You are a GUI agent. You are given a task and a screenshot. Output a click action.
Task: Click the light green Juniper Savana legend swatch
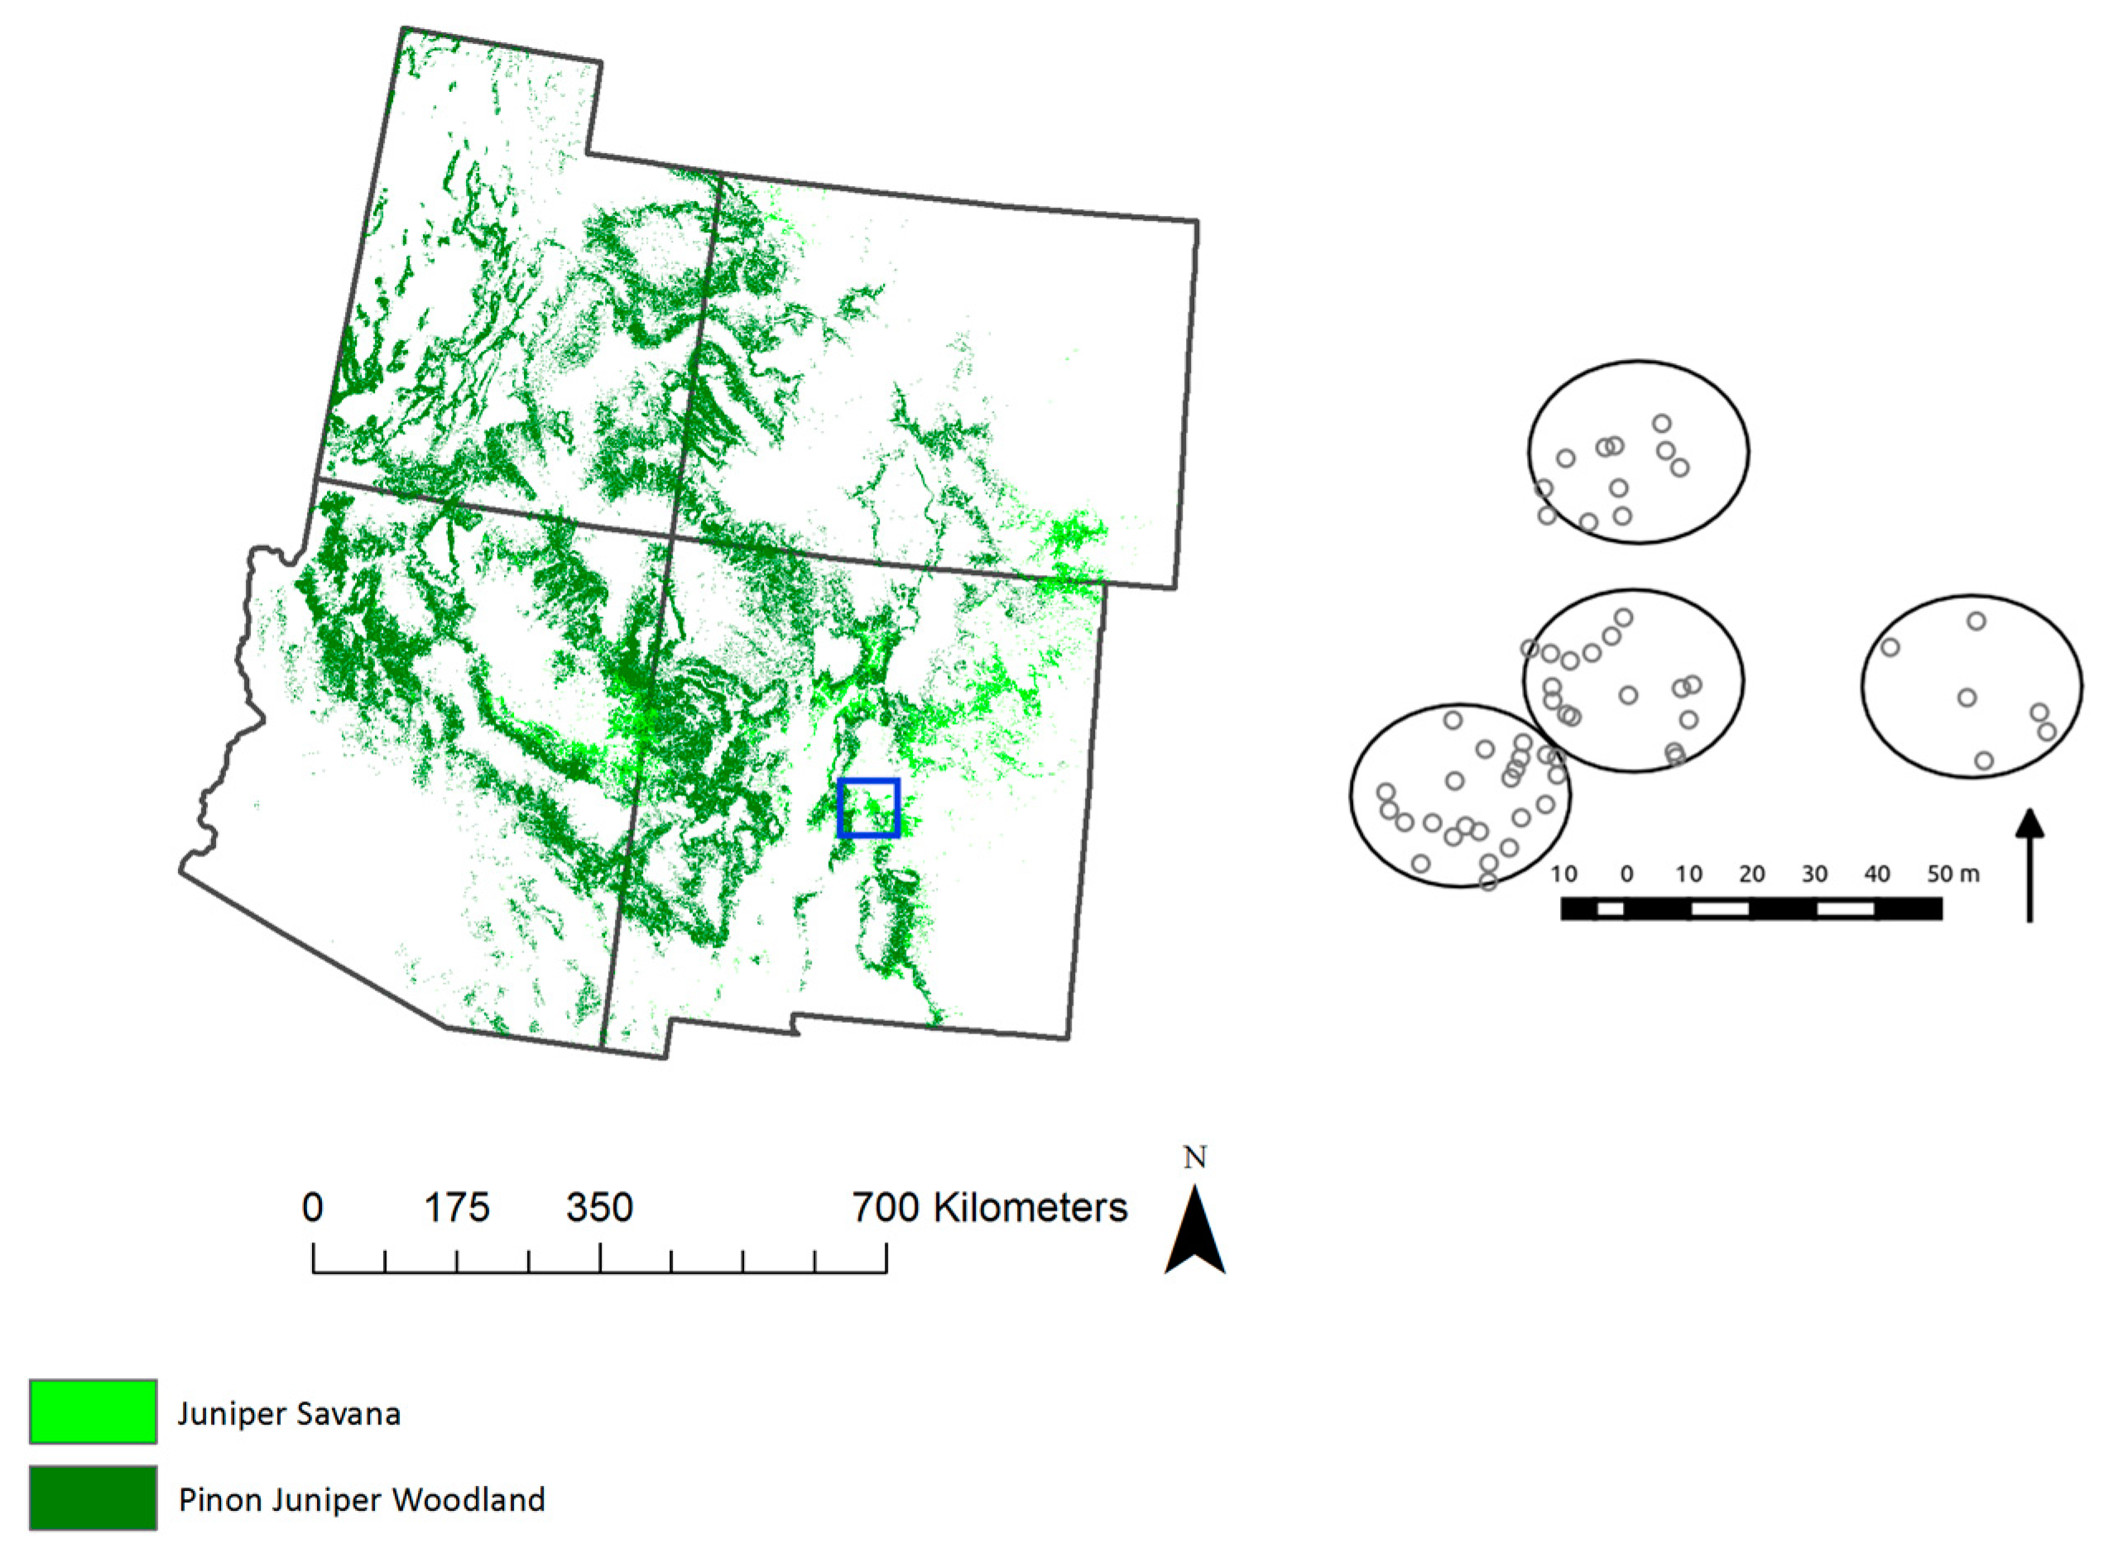pos(93,1411)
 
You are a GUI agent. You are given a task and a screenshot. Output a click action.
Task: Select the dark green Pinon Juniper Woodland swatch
pos(93,1498)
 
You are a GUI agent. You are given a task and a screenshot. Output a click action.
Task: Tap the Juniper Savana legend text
pos(289,1413)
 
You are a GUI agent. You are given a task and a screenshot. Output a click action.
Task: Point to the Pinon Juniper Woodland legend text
pos(362,1499)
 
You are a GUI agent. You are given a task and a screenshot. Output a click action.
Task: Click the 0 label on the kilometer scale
pos(312,1208)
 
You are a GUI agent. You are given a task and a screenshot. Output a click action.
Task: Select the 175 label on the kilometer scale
pos(456,1208)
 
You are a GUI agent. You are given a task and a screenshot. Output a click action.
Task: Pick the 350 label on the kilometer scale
pos(599,1208)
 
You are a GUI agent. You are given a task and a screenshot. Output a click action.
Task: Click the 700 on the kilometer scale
pos(886,1208)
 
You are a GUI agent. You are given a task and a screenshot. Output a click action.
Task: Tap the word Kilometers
pos(1030,1208)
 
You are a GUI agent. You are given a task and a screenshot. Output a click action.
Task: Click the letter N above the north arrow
pos(1195,1157)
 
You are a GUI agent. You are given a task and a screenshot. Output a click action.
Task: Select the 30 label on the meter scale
pos(1813,873)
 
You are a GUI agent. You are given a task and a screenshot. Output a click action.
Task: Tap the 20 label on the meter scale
pos(1751,873)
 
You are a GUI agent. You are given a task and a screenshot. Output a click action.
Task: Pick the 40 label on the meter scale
pos(1876,873)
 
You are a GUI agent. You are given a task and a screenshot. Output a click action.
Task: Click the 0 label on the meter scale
pos(1626,873)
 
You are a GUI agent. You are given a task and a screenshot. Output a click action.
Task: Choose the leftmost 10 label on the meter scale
pos(1564,873)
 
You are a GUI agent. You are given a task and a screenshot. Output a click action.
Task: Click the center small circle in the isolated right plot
pos(1967,698)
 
